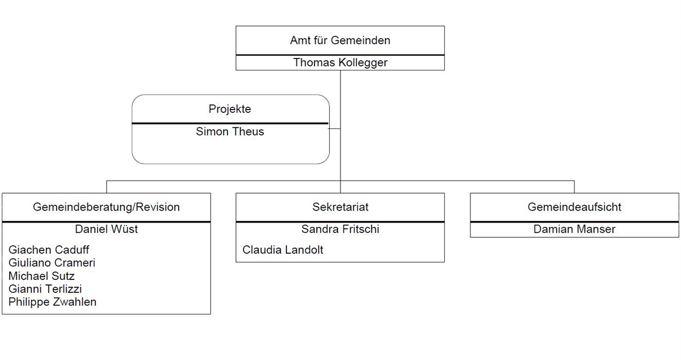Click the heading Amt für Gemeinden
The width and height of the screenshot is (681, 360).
(x=340, y=41)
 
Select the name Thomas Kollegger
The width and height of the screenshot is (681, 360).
(x=340, y=62)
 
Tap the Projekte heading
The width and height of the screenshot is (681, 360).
(x=230, y=109)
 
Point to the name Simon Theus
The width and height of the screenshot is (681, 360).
(x=230, y=132)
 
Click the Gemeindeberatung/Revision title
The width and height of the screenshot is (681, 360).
(x=106, y=207)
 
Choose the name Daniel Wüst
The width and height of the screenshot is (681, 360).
(x=106, y=229)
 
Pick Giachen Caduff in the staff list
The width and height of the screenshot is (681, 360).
(x=49, y=250)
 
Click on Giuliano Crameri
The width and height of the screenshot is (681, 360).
(x=52, y=263)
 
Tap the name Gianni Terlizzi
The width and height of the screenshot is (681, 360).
(x=45, y=289)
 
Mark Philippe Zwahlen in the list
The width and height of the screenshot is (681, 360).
(x=52, y=302)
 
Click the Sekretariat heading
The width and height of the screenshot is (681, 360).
(x=340, y=207)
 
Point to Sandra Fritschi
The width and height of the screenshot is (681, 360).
(x=340, y=229)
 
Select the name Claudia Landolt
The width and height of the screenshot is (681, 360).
(x=283, y=250)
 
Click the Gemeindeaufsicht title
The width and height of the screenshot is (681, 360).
(x=574, y=207)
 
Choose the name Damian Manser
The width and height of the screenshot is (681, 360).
(x=574, y=229)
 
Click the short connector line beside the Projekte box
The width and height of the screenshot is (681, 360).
(x=334, y=129)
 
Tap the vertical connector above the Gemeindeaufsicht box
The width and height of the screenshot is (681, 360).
(x=574, y=187)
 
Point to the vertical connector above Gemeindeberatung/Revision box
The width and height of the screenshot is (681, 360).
(x=107, y=187)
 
